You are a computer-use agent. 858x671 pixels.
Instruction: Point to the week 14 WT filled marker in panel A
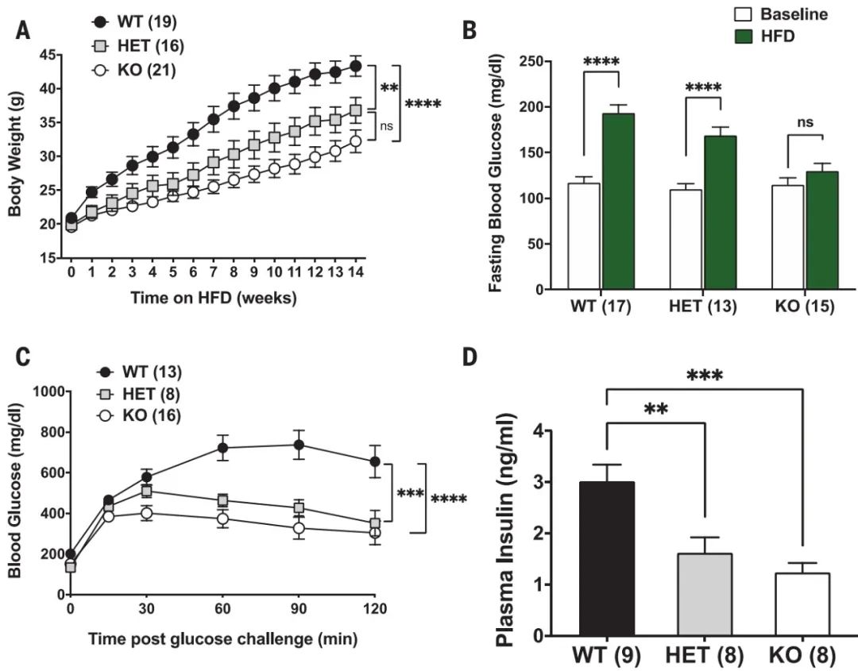tap(356, 66)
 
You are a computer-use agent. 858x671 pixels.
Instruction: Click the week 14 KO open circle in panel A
tap(356, 141)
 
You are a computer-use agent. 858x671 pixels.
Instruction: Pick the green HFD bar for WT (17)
tap(618, 202)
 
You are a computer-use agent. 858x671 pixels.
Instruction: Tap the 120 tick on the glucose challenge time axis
tap(374, 610)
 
